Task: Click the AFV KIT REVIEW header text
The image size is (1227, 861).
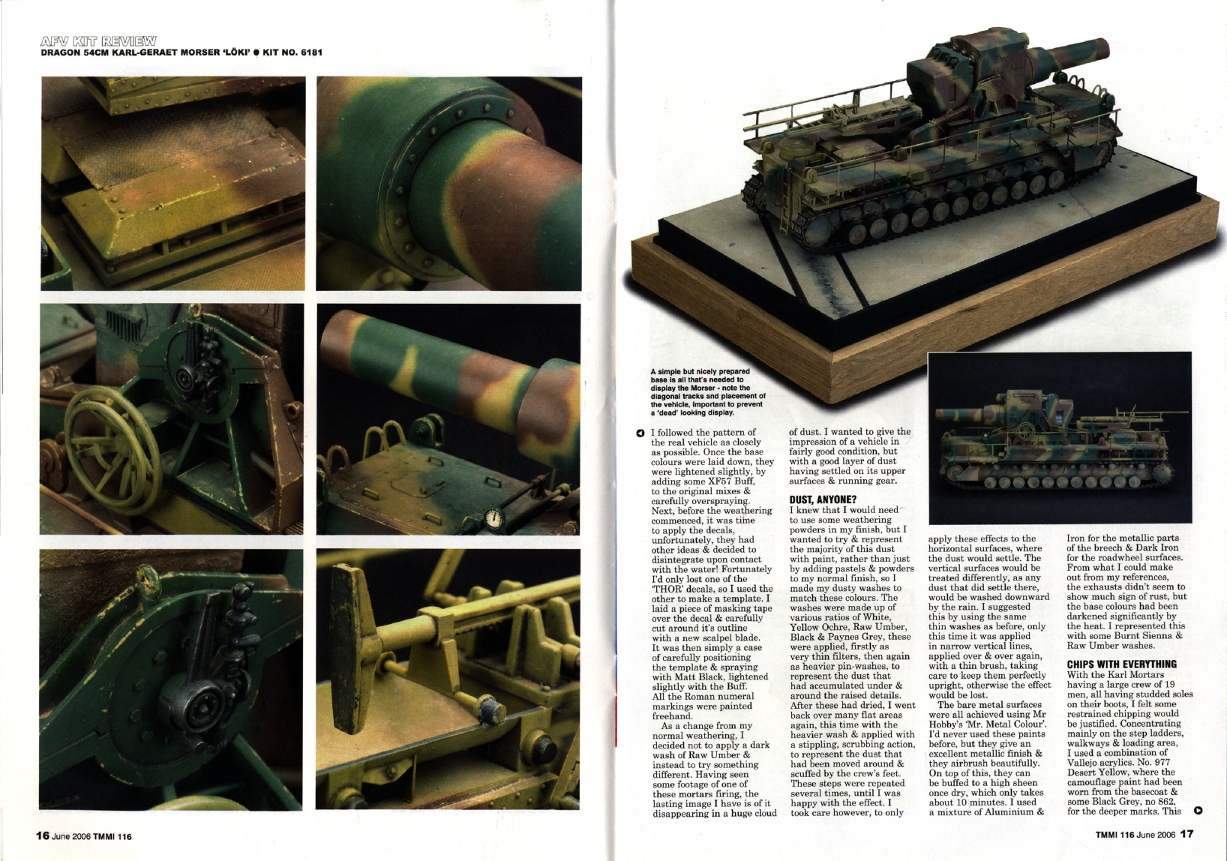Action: point(97,40)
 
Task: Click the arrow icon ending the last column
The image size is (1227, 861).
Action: point(1197,810)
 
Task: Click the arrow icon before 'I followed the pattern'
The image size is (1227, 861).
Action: point(640,433)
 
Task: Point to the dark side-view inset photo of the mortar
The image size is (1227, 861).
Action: point(1059,439)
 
